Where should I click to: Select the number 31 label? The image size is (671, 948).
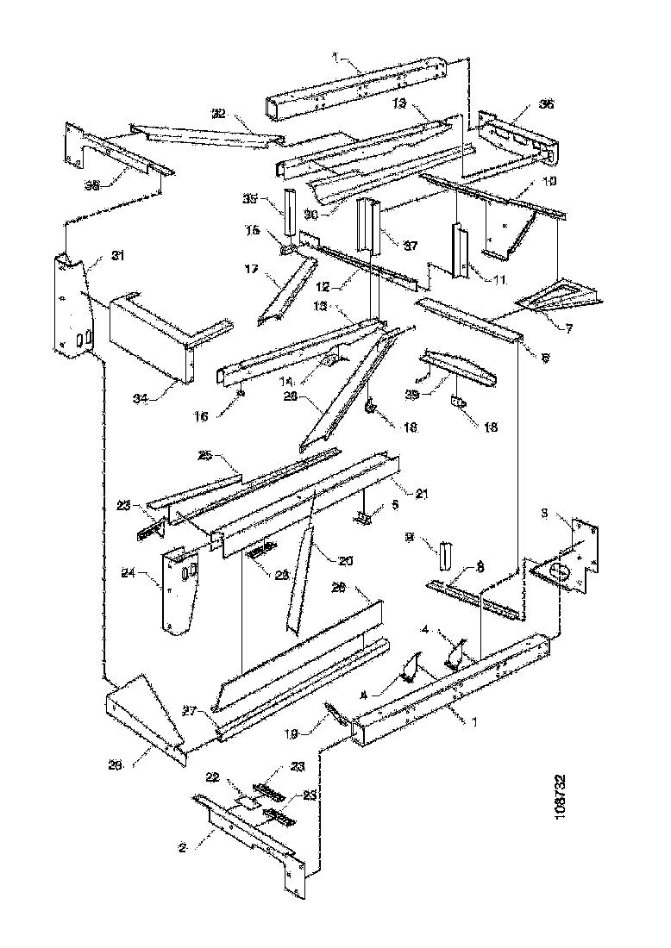[118, 255]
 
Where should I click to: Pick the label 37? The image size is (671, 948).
[411, 246]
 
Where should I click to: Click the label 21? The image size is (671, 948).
[422, 493]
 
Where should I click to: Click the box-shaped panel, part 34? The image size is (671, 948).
[147, 334]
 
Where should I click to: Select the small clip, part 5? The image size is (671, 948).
[364, 517]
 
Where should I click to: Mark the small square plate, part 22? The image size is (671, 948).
[249, 801]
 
